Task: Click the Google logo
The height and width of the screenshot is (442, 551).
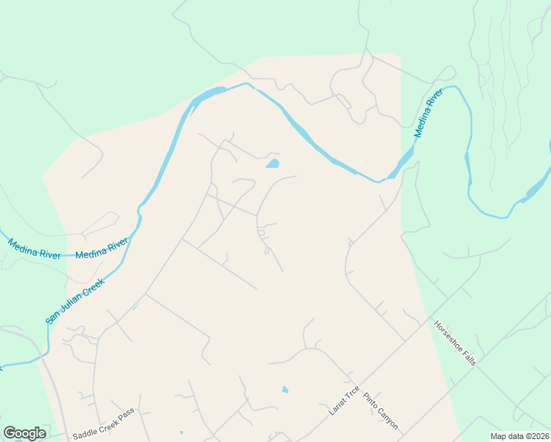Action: (24, 433)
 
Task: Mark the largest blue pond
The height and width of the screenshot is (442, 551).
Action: (273, 164)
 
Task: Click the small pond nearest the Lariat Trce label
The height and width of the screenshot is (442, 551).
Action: (284, 390)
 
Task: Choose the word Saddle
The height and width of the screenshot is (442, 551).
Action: (84, 435)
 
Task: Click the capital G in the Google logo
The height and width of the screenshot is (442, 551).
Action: (10, 432)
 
